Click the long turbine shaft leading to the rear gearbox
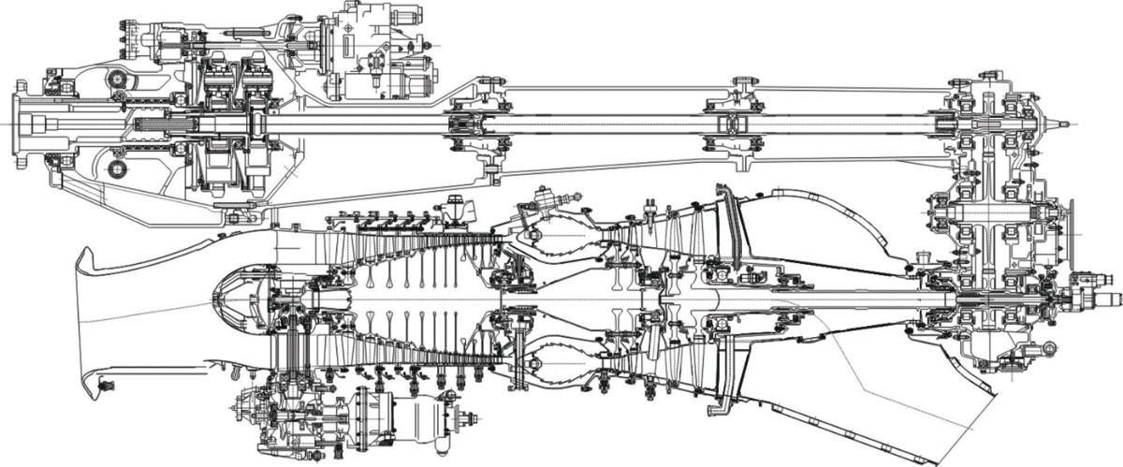tap(824, 298)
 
